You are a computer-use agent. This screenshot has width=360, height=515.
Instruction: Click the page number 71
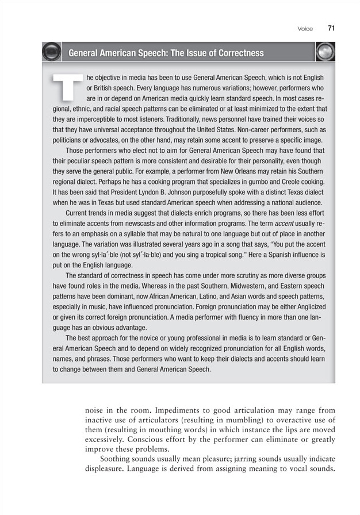click(331, 28)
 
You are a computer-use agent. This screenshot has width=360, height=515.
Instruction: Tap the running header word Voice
click(305, 29)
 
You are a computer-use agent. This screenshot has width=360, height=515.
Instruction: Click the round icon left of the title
click(52, 53)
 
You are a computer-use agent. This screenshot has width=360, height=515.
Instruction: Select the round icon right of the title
click(325, 53)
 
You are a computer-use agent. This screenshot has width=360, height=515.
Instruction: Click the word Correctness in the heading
click(233, 53)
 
